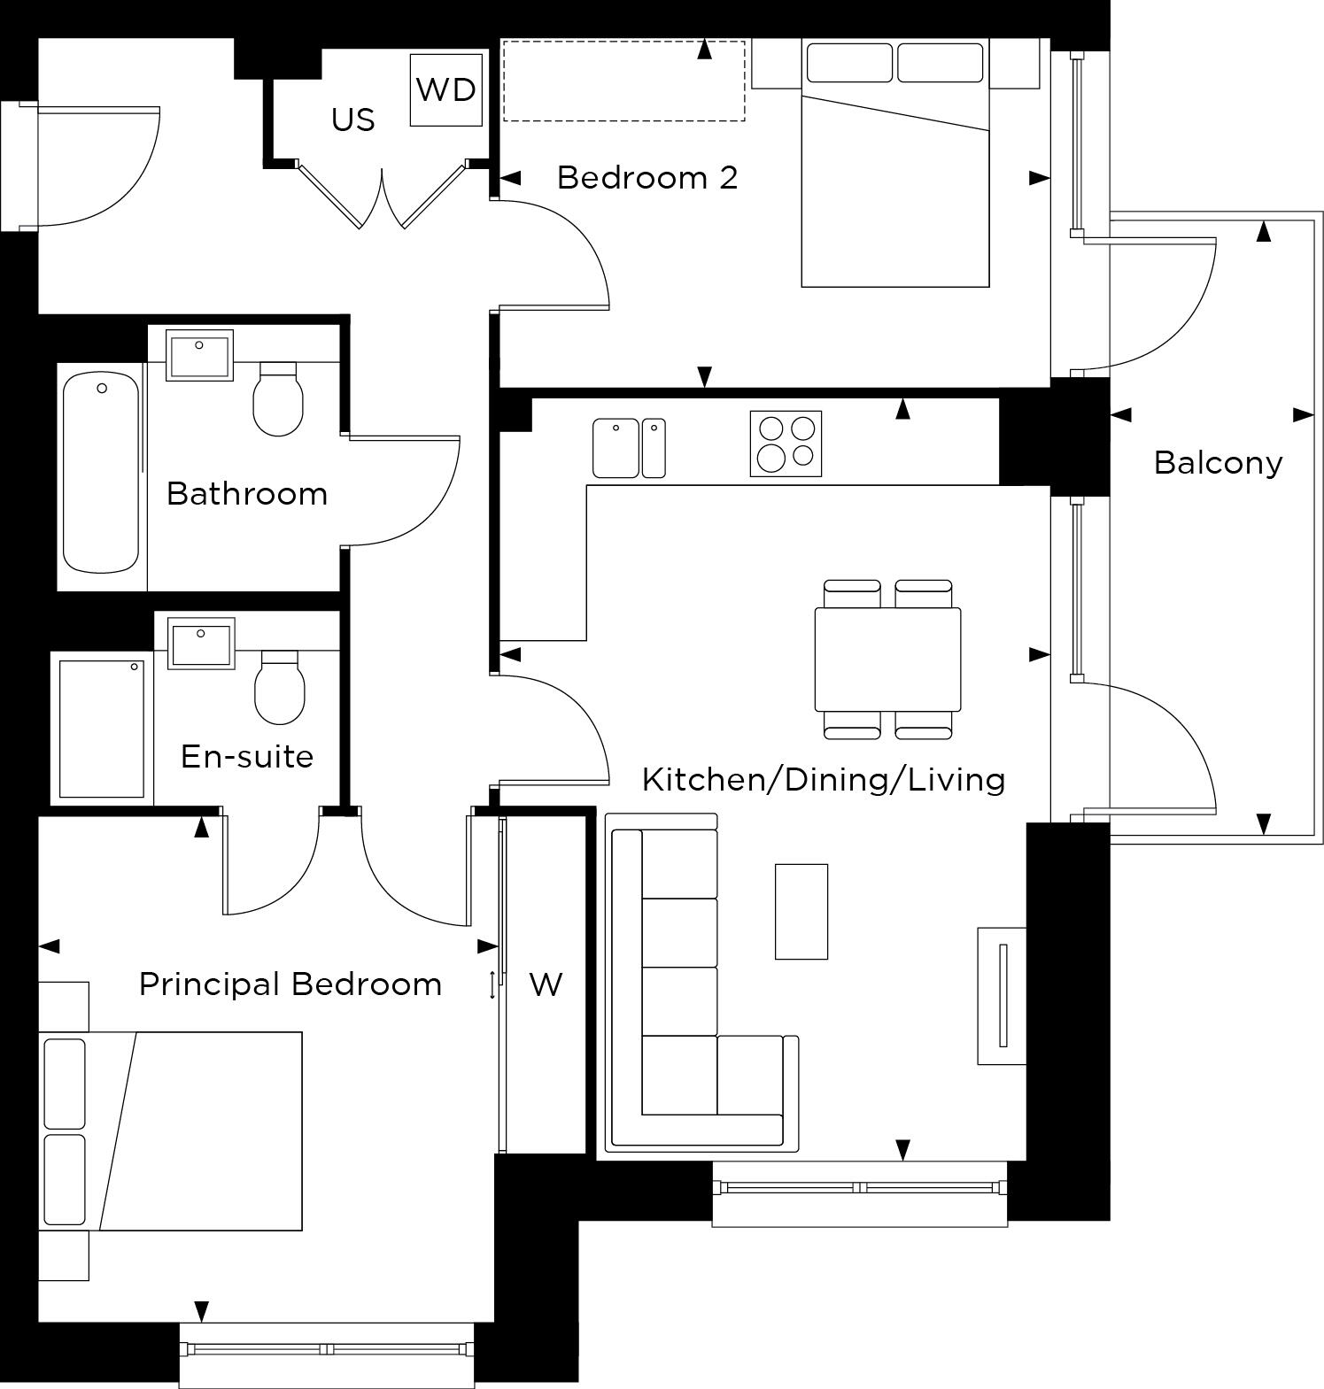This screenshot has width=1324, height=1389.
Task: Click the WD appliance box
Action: pos(446,89)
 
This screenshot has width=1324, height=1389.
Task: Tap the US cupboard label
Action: pos(352,120)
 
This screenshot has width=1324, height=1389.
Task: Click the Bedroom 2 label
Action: pos(647,178)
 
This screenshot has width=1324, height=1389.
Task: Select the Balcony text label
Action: pos(1218,462)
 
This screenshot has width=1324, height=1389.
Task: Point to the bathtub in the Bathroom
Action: pos(101,473)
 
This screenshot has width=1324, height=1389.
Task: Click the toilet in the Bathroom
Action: pos(278,399)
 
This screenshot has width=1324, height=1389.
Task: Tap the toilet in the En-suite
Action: pos(280,688)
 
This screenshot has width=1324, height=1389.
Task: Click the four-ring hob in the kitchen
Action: pos(786,444)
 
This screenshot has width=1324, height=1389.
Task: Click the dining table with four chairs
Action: pos(887,659)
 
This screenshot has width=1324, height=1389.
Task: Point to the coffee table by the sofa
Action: pos(801,911)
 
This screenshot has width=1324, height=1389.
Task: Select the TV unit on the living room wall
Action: pos(1002,995)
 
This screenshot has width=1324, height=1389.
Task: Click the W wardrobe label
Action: pos(546,984)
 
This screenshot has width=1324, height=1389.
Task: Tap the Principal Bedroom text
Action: pos(290,984)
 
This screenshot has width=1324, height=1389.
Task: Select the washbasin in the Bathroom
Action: pos(199,354)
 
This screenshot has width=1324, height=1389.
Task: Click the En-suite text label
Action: pos(247,756)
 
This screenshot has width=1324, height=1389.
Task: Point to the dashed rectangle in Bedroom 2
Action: pos(623,81)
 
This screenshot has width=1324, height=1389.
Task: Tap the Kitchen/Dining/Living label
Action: pos(823,779)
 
